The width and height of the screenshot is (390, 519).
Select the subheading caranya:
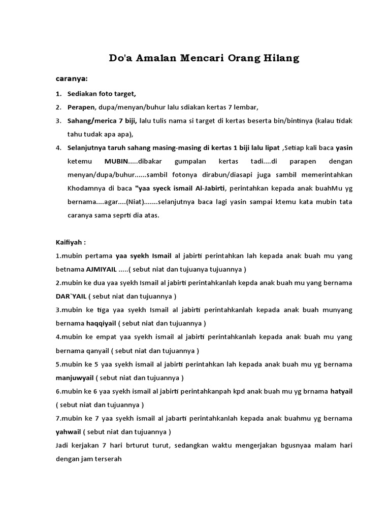tap(72, 79)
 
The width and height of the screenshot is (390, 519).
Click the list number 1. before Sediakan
tap(58, 94)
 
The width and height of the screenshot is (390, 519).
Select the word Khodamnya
tap(85, 188)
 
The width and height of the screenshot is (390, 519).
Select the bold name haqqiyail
tap(101, 323)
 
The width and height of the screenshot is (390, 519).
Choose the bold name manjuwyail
tap(75, 378)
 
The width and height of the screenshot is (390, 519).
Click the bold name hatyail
tap(341, 391)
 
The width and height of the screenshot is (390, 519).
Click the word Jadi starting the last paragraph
tap(62, 446)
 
